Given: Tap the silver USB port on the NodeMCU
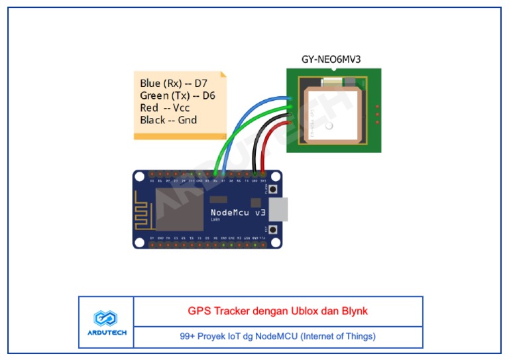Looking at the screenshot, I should (x=280, y=209).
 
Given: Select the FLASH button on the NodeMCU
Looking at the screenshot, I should (x=272, y=192).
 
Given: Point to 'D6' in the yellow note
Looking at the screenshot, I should (x=208, y=95).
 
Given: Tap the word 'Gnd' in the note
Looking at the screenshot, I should (x=188, y=120).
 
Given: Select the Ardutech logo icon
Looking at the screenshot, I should (x=105, y=318).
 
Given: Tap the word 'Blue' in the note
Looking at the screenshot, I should (x=150, y=84).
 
